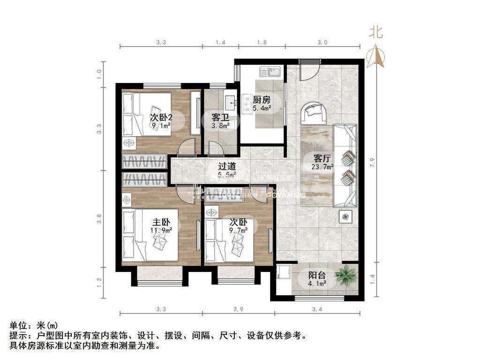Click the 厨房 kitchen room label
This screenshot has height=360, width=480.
(x=262, y=100)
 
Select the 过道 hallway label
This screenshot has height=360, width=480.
(x=227, y=166)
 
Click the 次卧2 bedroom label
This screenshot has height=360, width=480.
(x=160, y=117)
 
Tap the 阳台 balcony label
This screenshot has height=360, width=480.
(x=317, y=276)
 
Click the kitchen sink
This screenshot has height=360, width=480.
(x=270, y=72)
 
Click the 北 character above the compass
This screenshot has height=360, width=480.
(x=376, y=32)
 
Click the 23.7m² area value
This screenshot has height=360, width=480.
(x=322, y=166)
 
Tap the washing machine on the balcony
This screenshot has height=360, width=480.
(x=283, y=273)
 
